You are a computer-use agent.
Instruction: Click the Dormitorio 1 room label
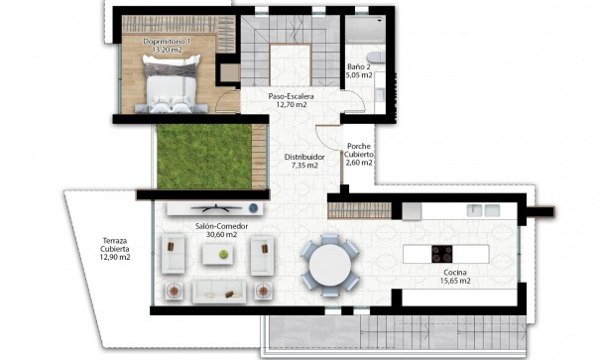166,42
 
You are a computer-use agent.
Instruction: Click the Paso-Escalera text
292,96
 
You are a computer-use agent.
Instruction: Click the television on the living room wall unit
211,208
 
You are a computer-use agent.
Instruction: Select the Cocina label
456,272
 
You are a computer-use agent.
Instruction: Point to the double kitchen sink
483,209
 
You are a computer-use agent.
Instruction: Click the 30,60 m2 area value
220,236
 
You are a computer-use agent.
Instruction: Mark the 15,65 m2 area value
456,281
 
